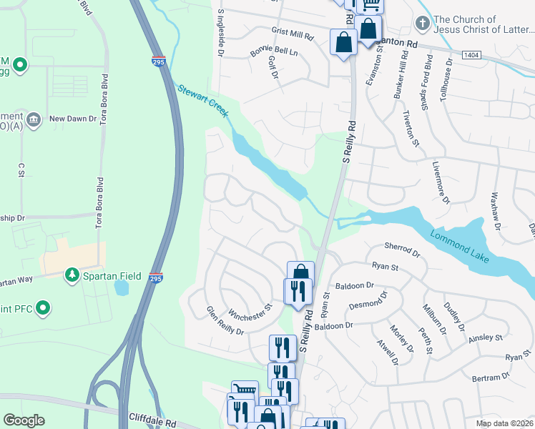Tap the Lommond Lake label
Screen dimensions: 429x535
pos(460,242)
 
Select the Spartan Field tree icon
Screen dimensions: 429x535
pos(72,275)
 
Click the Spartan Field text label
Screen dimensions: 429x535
pos(111,275)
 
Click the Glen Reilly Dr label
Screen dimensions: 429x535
pos(225,321)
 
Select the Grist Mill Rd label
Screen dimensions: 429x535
pos(293,34)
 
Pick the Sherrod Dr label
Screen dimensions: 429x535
pos(401,250)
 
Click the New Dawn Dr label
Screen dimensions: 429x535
pos(72,119)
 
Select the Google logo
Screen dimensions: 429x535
pos(24,421)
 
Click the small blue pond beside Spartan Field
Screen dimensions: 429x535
pos(120,287)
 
